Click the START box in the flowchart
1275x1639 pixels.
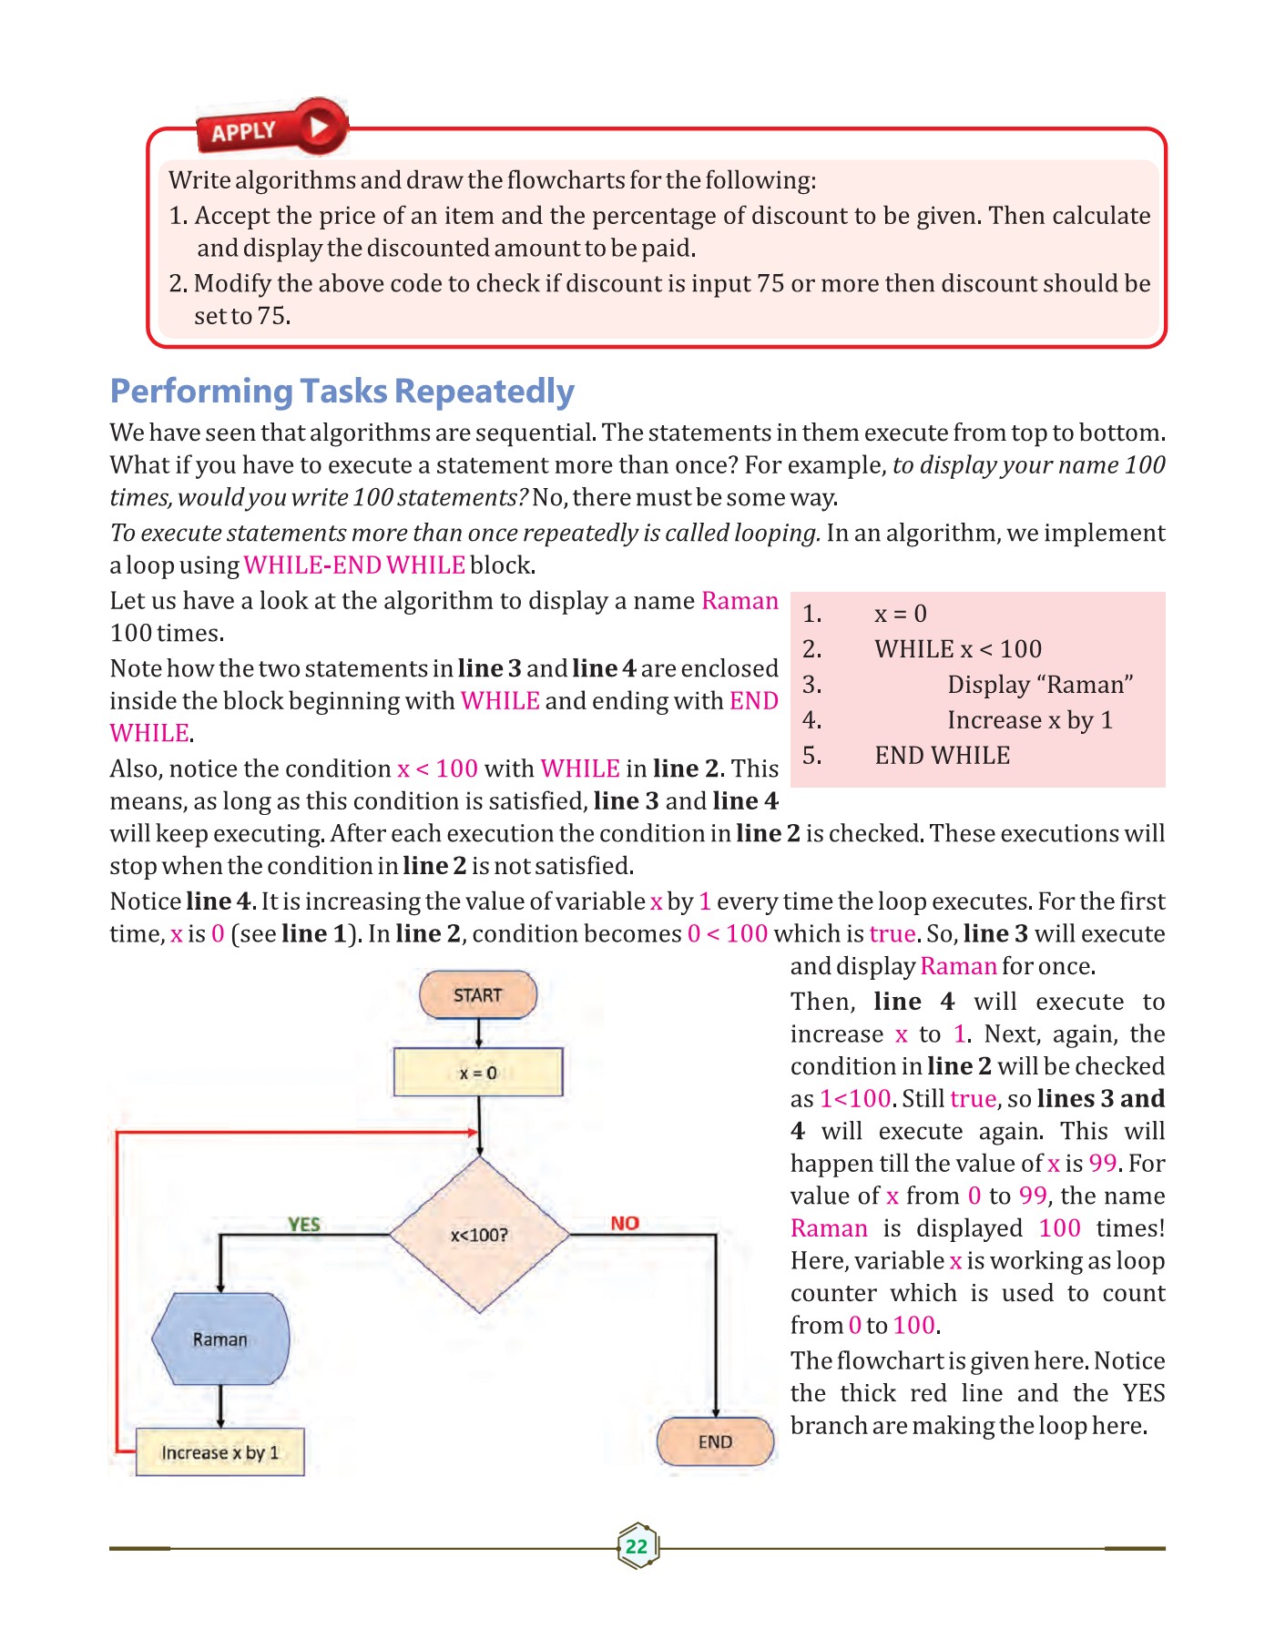pos(477,995)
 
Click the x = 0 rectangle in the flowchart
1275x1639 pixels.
pos(477,1073)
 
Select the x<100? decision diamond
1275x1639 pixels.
pos(479,1235)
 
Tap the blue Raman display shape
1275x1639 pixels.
pos(220,1339)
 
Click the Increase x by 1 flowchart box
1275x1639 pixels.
pos(219,1452)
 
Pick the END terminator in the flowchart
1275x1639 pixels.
pos(715,1442)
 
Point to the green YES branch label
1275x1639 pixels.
pos(303,1224)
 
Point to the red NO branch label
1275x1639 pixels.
pos(625,1223)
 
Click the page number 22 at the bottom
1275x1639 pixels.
pos(637,1546)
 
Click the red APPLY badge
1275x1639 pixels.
pos(244,132)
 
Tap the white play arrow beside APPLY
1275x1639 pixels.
pos(319,126)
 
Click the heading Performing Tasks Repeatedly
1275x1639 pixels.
pos(342,392)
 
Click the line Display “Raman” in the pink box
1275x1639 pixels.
pos(1040,685)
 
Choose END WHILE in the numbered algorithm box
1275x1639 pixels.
pos(942,756)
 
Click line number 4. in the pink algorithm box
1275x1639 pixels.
pos(811,720)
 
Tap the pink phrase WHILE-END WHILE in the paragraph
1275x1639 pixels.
pos(354,565)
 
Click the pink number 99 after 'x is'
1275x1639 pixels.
pos(1102,1164)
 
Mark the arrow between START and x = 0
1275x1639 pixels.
pos(478,1033)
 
